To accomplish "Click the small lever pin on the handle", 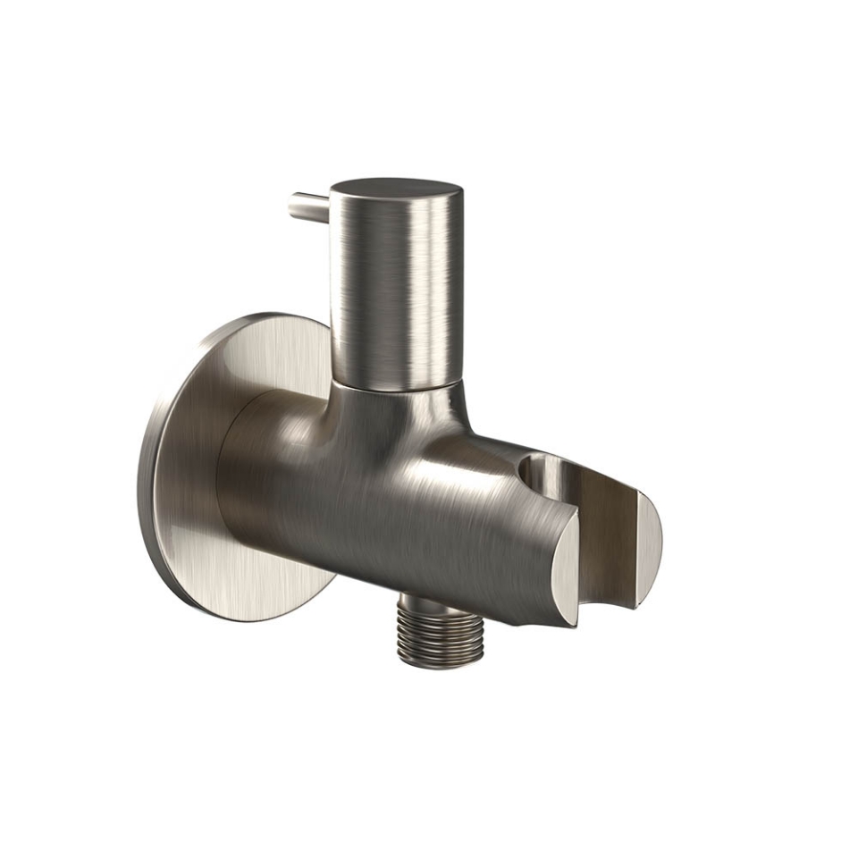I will pos(309,207).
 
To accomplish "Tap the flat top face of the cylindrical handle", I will pos(396,190).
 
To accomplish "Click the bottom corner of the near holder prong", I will pos(572,621).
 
